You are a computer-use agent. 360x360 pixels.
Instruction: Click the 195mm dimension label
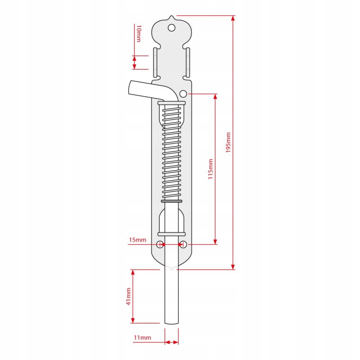point(228,142)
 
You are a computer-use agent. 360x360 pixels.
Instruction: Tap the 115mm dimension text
point(211,169)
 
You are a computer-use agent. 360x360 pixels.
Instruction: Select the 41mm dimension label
point(129,297)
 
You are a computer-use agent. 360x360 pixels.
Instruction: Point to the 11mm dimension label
point(143,337)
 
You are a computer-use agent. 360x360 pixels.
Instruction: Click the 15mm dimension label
point(138,240)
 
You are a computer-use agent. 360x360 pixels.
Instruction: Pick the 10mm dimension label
point(139,33)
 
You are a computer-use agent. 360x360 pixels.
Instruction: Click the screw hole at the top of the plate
point(171,28)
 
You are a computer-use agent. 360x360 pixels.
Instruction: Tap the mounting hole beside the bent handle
point(183,94)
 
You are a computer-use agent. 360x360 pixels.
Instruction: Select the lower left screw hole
point(160,244)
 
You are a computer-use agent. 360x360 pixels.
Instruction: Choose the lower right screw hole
point(183,244)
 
